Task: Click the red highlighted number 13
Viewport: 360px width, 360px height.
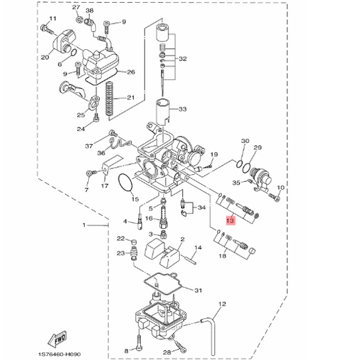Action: [230, 221]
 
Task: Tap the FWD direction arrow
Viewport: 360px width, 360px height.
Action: [58, 338]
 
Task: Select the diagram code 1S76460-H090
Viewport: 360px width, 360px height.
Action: [60, 354]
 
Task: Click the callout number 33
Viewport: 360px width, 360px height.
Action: [182, 109]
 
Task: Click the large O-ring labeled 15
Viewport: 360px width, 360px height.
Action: [126, 183]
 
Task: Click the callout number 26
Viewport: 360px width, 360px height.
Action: [131, 72]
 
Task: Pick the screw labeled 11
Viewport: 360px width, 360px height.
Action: [47, 29]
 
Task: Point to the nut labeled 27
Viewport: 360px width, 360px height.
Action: [78, 19]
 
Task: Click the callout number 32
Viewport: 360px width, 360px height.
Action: [182, 59]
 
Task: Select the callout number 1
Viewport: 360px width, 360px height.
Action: [84, 225]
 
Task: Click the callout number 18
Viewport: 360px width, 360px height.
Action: [223, 256]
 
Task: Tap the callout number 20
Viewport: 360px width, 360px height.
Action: [45, 57]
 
